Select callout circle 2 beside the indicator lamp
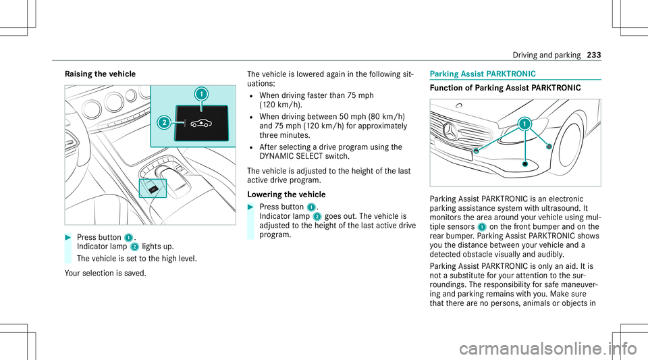click(x=164, y=122)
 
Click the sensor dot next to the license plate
click(x=477, y=151)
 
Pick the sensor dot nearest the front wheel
click(x=549, y=146)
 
